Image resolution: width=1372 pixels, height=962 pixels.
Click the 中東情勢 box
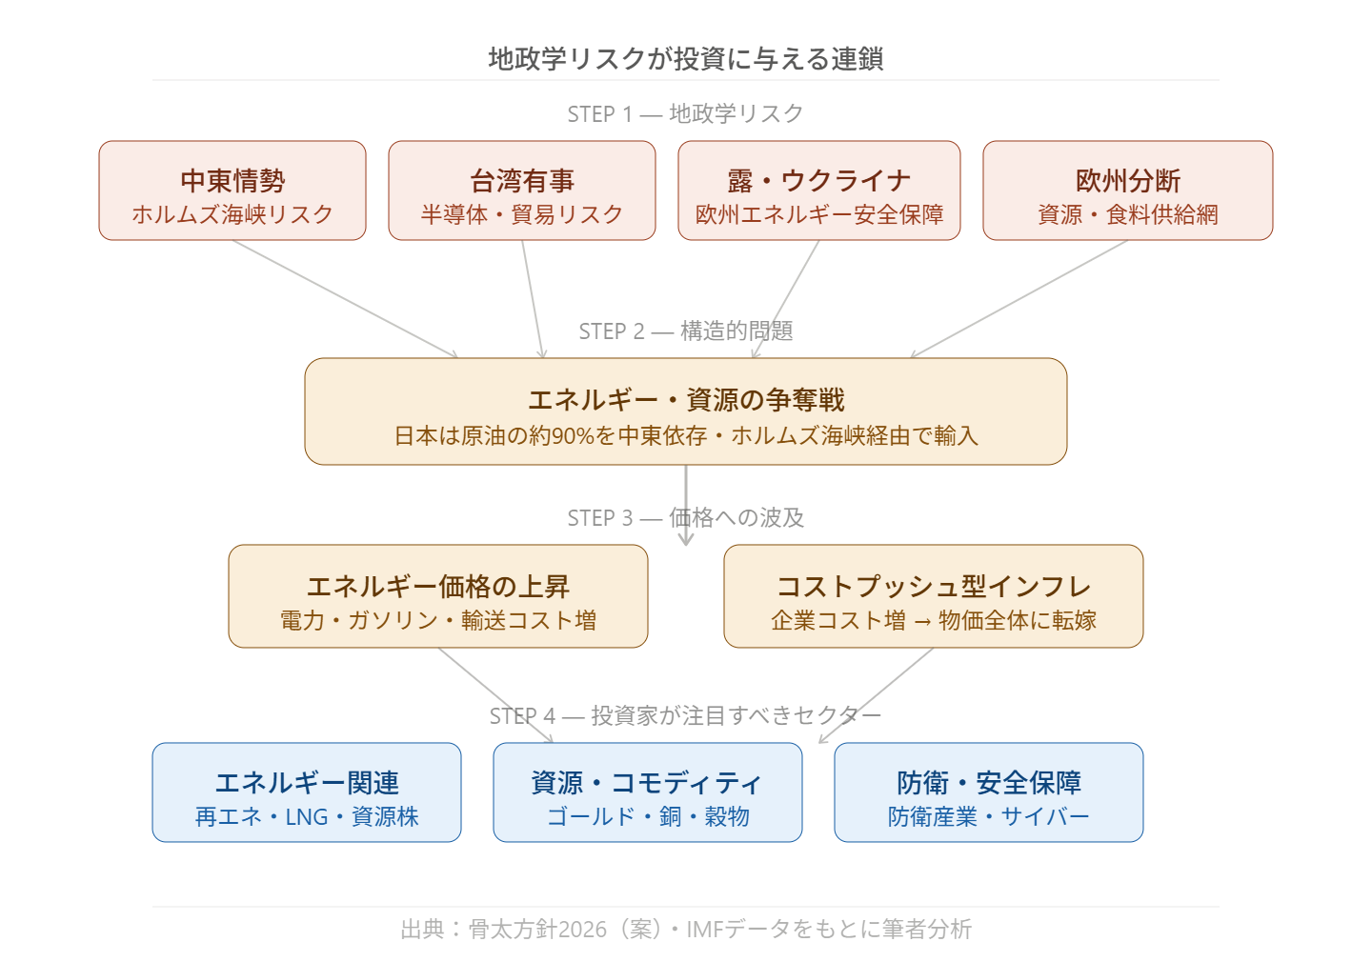pos(232,190)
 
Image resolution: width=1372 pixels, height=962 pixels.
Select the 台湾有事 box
pos(522,190)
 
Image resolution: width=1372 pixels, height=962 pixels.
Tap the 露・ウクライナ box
pos(819,190)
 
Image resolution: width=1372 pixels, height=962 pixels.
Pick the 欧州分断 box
pos(1128,190)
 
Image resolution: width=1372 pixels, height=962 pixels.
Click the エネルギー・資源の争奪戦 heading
pos(686,400)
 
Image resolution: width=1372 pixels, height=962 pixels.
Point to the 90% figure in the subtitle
pos(574,436)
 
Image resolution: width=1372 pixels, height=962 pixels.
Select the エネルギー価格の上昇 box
pos(438,596)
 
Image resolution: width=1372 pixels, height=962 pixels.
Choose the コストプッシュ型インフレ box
pos(934,596)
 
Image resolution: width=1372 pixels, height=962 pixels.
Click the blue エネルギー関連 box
pos(307,792)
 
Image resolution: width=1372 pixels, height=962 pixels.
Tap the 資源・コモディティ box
pos(648,792)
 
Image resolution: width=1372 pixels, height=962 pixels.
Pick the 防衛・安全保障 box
pos(989,792)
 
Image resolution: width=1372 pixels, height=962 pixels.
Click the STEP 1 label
pos(600,114)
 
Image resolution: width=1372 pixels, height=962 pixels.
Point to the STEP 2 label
pos(612,331)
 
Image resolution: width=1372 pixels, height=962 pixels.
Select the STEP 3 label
pos(600,518)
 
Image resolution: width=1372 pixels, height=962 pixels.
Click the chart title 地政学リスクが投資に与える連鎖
pos(686,59)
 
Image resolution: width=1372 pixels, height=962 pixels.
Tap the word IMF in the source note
pos(706,930)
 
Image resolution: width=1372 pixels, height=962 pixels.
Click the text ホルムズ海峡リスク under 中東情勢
pos(232,215)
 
